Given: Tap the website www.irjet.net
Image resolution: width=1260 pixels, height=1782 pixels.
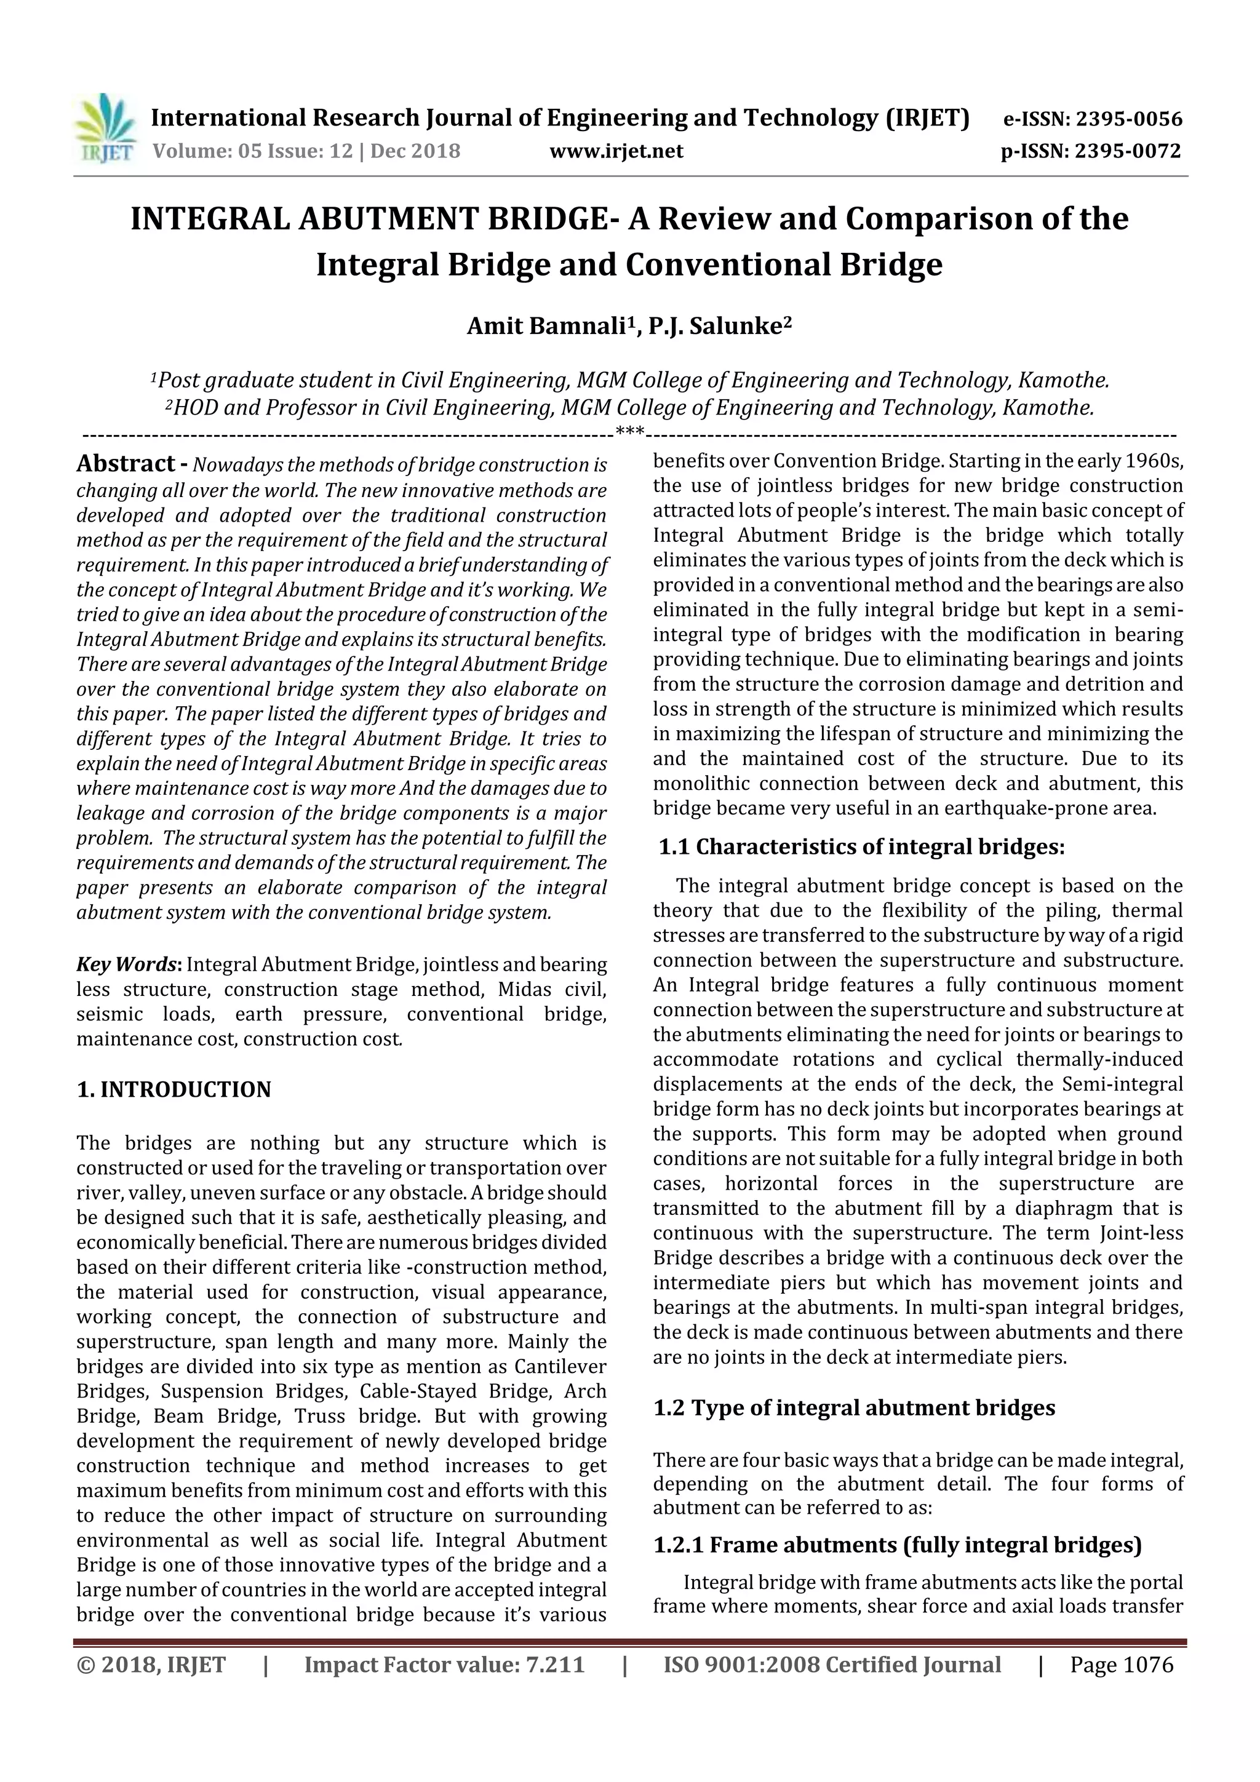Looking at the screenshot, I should (x=616, y=151).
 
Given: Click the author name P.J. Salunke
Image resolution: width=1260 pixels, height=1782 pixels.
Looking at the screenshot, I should (x=715, y=326).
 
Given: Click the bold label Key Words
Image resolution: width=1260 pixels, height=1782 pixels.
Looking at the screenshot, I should (x=127, y=965).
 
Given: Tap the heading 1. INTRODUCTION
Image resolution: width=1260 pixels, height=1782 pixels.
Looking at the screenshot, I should (x=174, y=1090).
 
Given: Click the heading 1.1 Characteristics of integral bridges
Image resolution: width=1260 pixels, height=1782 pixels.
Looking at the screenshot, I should (x=862, y=847).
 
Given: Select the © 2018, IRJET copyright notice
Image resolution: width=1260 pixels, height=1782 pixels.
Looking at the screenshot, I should (x=151, y=1665).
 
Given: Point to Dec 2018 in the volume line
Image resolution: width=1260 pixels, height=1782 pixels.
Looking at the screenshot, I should (x=415, y=151).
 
